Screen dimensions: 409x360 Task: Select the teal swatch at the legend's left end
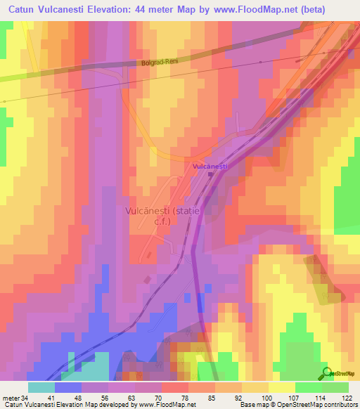click(41, 387)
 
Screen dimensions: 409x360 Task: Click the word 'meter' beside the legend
click(8, 398)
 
